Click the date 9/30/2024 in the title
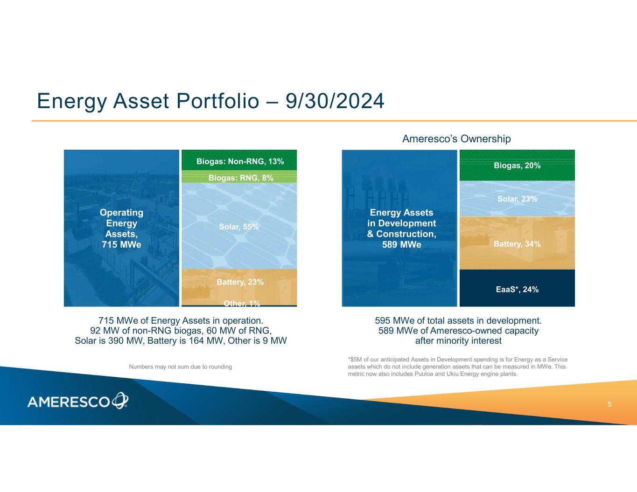click(335, 101)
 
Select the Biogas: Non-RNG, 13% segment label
click(240, 161)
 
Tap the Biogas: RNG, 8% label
click(241, 178)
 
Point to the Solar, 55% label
click(239, 227)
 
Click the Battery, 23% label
click(240, 282)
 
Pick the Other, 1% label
click(242, 304)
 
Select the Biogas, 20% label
click(517, 166)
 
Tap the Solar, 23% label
click(517, 199)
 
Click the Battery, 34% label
click(517, 244)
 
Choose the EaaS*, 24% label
click(517, 289)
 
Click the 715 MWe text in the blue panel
click(121, 244)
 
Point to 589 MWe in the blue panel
click(401, 244)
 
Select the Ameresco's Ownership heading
click(456, 139)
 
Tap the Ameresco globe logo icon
click(120, 400)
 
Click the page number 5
click(609, 404)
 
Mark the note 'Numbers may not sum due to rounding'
click(180, 367)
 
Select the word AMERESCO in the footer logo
click(69, 402)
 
